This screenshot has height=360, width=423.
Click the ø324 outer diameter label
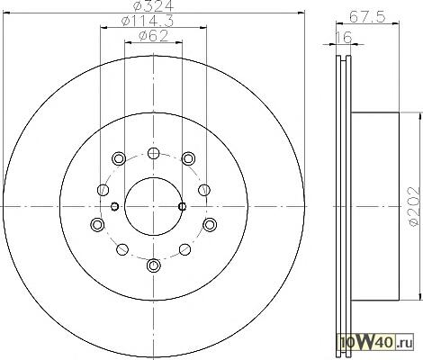[153, 6]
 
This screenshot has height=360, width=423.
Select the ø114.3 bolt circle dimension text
[148, 21]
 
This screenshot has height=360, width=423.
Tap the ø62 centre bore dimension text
[153, 36]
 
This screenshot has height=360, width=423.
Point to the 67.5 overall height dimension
[367, 17]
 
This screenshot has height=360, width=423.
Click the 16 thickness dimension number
[343, 38]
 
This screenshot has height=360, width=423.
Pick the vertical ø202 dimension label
[413, 206]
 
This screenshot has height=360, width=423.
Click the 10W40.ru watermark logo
[376, 342]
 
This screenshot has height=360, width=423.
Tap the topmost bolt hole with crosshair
[154, 153]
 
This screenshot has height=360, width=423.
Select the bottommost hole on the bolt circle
[154, 265]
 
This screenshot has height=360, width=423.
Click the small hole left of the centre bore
[114, 206]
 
